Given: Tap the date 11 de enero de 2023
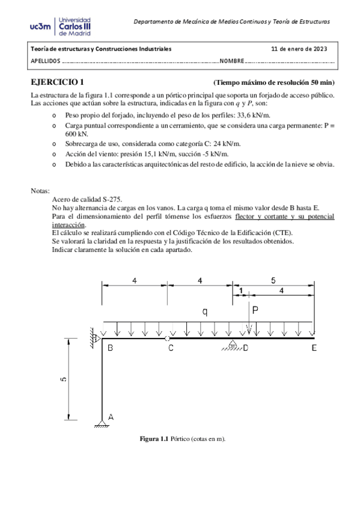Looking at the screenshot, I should [x=299, y=49].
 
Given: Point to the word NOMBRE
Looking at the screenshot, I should [x=231, y=61].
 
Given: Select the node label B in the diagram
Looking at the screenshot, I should [x=110, y=348].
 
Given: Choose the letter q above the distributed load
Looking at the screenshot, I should [x=206, y=312].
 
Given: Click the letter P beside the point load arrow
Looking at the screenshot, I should [x=255, y=310].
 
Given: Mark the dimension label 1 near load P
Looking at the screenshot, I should [x=241, y=290].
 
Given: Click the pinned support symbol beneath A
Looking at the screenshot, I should [x=103, y=425].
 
